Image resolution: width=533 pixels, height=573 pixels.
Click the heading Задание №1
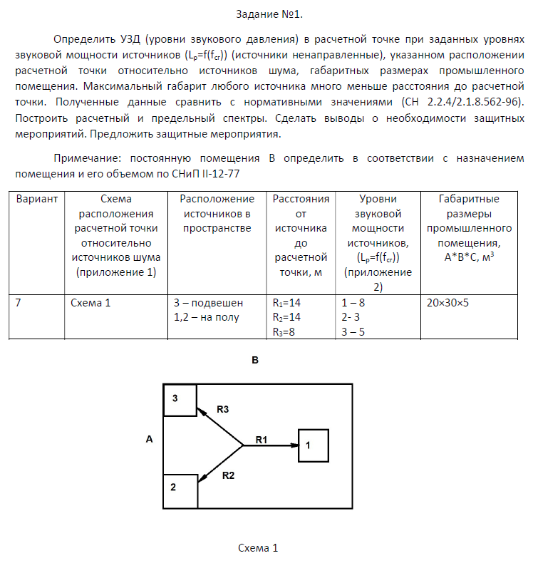[266, 15]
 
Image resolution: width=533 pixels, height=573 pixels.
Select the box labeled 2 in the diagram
[180, 491]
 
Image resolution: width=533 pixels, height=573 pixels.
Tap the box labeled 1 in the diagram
[313, 445]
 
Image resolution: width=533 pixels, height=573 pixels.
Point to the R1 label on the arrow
[262, 440]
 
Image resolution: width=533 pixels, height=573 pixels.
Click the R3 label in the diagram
[223, 410]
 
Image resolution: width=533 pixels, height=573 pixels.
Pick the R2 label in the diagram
[229, 475]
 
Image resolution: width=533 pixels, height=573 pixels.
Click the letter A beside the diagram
[149, 439]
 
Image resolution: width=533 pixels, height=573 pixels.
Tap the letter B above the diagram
[254, 361]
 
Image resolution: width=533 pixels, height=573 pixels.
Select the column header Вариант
[36, 199]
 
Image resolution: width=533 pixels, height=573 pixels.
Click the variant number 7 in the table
[19, 302]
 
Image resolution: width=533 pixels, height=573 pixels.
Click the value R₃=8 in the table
[287, 331]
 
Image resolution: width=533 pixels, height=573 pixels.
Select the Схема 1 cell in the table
[91, 302]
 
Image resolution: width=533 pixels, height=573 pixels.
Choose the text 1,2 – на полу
[207, 317]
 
